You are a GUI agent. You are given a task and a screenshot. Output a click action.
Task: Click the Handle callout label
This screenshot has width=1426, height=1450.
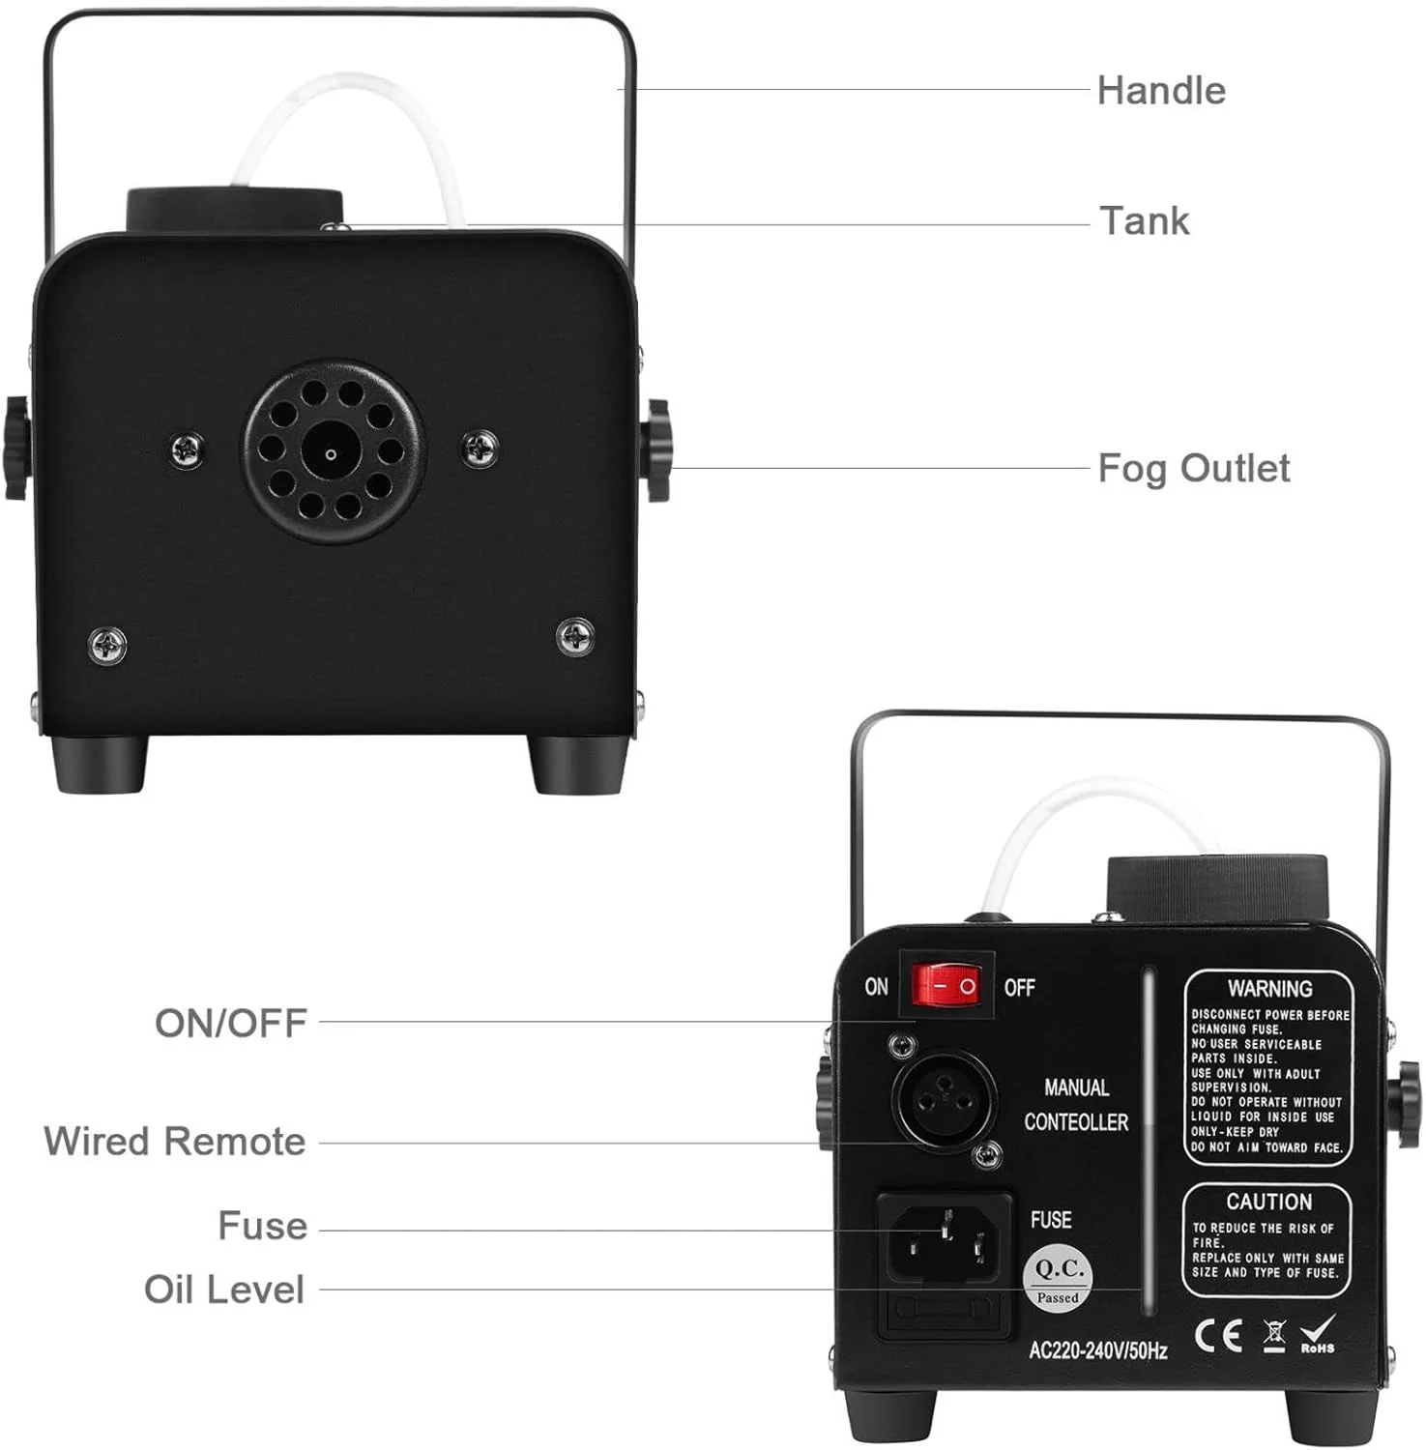click(x=1161, y=91)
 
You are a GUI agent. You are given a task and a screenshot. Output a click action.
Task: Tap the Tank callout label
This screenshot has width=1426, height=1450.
click(x=1145, y=221)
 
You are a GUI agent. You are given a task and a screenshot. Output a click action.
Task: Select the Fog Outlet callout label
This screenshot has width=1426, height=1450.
click(x=1194, y=469)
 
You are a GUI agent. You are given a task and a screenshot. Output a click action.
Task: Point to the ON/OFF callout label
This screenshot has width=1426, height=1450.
click(x=231, y=1023)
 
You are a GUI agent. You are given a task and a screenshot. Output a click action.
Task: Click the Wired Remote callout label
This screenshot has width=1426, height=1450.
click(x=175, y=1142)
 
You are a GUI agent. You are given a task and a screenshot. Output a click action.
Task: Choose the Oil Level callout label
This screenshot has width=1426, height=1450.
click(x=224, y=1290)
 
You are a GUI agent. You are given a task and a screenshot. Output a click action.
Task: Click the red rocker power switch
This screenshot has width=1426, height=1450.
click(x=946, y=985)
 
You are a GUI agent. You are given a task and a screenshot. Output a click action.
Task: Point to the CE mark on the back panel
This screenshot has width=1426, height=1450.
click(x=1218, y=1335)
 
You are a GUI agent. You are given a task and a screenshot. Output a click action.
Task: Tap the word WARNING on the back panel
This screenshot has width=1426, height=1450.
click(x=1269, y=989)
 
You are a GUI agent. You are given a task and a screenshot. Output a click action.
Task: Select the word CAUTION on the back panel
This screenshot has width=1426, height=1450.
click(x=1269, y=1202)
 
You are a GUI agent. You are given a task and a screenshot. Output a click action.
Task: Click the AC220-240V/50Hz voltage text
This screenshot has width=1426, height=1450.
click(x=1097, y=1350)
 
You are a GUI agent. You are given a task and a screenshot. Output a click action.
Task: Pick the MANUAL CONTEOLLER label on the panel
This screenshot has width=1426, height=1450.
click(x=1076, y=1105)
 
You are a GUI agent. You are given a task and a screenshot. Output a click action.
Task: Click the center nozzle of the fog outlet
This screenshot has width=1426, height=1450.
click(x=331, y=452)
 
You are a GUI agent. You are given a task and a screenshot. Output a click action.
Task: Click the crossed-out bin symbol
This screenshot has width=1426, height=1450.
click(x=1275, y=1335)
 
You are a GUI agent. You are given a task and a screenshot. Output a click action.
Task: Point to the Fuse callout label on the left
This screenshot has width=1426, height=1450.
click(x=263, y=1226)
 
